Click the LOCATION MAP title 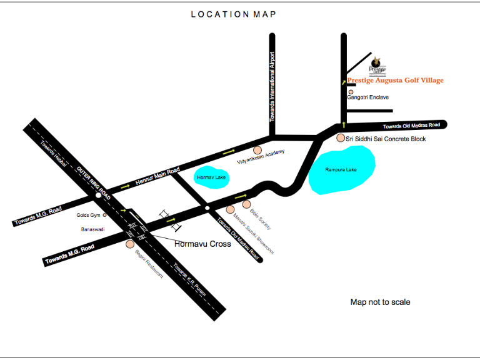pyautogui.click(x=233, y=14)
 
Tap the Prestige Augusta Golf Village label pyautogui.click(x=395, y=81)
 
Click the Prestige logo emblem pyautogui.click(x=376, y=61)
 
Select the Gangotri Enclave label pyautogui.click(x=368, y=98)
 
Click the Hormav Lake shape pyautogui.click(x=211, y=177)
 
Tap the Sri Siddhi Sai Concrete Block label pyautogui.click(x=386, y=139)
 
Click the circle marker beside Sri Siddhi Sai pyautogui.click(x=341, y=138)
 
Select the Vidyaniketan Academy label pyautogui.click(x=261, y=161)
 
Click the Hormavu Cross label pyautogui.click(x=202, y=244)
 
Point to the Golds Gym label pyautogui.click(x=88, y=216)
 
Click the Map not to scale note pyautogui.click(x=380, y=302)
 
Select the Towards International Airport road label pyautogui.click(x=272, y=87)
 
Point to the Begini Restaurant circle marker pyautogui.click(x=130, y=244)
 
